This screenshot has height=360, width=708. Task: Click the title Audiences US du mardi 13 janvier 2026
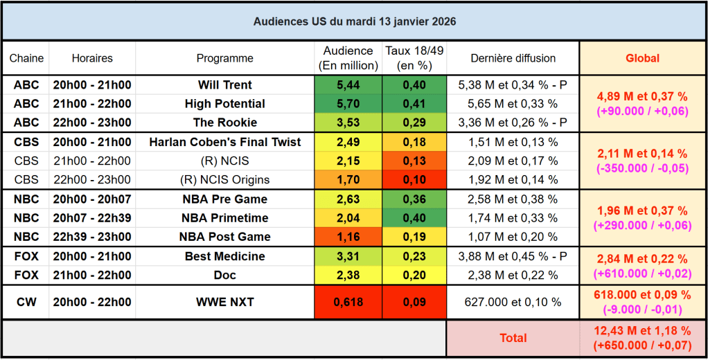click(x=354, y=21)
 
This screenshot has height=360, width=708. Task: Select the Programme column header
click(x=225, y=58)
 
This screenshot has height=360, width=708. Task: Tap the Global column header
click(x=642, y=58)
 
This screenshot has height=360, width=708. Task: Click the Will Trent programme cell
click(x=225, y=85)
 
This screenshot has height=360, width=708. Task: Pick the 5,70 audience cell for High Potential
click(x=348, y=104)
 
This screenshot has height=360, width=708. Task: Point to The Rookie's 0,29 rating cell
click(x=414, y=123)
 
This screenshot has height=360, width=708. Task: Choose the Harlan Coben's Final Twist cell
click(x=225, y=142)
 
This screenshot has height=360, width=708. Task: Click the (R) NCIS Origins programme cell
click(x=225, y=179)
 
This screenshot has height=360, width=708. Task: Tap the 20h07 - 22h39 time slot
click(x=92, y=217)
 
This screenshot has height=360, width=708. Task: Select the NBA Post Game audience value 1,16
click(x=348, y=236)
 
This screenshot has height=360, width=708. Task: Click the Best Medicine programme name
click(x=225, y=256)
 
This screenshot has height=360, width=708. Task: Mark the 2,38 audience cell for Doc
click(x=348, y=275)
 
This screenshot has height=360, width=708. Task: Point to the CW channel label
click(x=26, y=303)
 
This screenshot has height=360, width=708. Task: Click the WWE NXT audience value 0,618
click(x=348, y=303)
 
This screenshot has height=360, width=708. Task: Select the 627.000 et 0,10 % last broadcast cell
click(x=513, y=303)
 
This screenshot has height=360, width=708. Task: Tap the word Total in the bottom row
click(x=513, y=338)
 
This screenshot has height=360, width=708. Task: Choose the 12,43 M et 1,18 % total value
click(x=642, y=332)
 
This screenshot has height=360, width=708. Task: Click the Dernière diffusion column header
click(x=513, y=58)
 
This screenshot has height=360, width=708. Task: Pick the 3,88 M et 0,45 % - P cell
click(x=513, y=256)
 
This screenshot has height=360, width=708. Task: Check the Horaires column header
click(x=92, y=58)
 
